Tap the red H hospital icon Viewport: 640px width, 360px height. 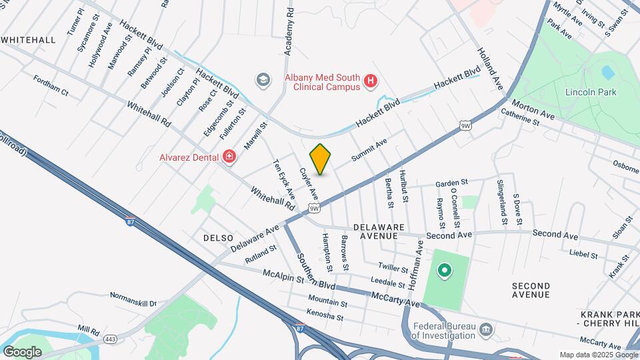371,82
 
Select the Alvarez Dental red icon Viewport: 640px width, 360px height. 230,157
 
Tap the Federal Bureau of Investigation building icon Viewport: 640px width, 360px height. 486,330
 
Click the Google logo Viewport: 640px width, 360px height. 22,351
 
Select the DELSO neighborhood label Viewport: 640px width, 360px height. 218,238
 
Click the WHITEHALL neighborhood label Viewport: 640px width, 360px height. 28,40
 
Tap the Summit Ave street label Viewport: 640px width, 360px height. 369,150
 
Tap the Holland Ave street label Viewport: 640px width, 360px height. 489,69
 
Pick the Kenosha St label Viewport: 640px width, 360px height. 325,313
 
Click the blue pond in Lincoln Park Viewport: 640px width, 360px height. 607,71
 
